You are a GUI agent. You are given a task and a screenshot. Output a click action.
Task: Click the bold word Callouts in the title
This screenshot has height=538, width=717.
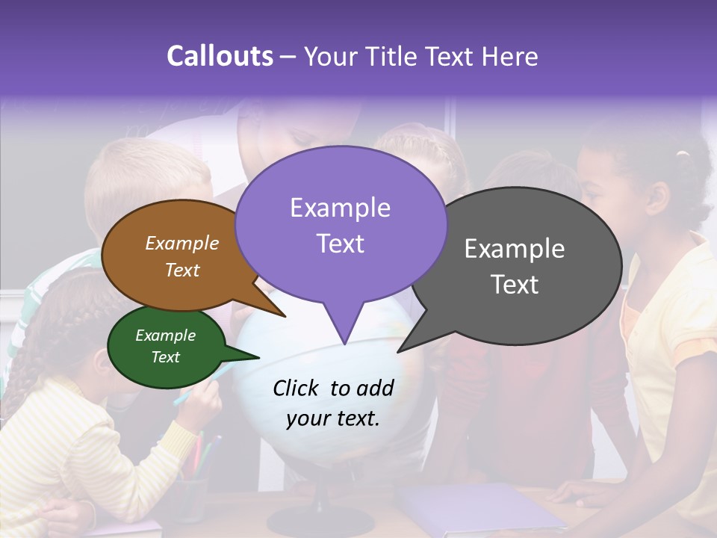click(x=220, y=56)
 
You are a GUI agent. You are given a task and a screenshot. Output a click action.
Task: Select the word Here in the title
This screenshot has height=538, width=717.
click(x=508, y=57)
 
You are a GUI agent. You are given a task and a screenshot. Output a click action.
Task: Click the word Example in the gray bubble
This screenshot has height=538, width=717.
click(x=514, y=249)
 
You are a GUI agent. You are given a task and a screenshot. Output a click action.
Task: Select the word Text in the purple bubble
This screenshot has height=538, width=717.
click(x=341, y=244)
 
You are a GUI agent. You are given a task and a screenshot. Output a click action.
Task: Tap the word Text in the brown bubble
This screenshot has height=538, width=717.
click(x=182, y=270)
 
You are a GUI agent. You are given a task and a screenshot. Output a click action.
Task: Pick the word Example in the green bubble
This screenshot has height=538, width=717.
click(x=165, y=336)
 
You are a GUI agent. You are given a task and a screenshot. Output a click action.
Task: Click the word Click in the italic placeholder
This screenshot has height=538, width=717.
click(x=297, y=389)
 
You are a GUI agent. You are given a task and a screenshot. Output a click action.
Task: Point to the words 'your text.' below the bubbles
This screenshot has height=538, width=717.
click(x=333, y=418)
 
